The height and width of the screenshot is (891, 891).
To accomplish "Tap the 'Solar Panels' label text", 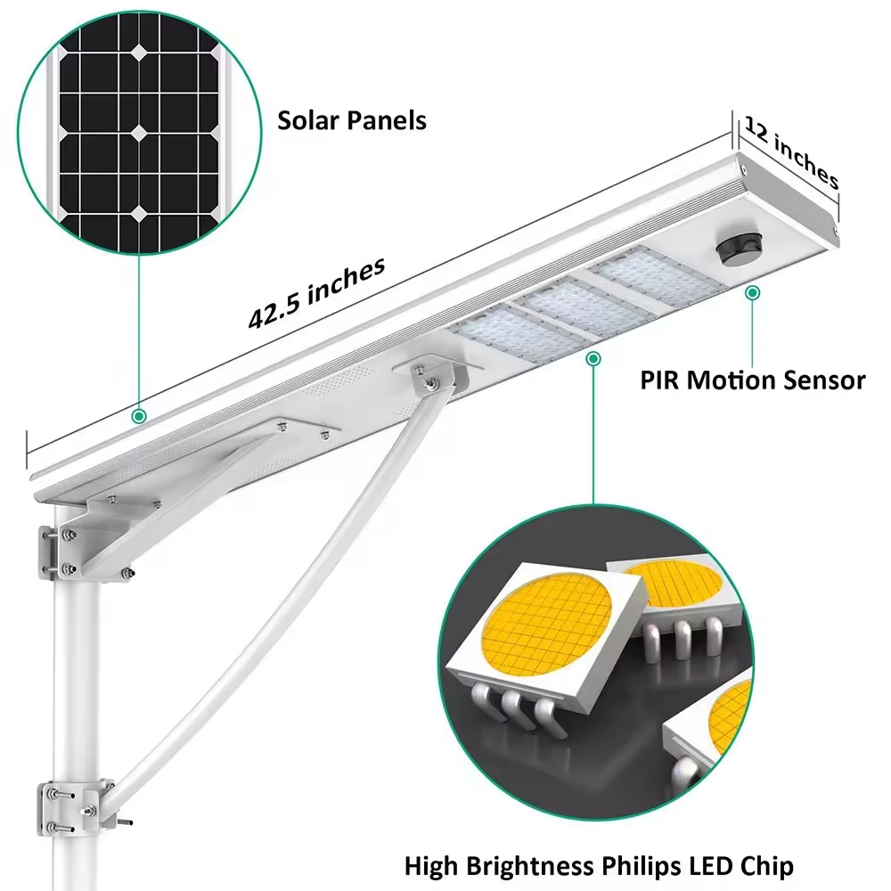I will (x=352, y=120).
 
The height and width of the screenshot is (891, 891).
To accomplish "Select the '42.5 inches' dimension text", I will (x=317, y=293).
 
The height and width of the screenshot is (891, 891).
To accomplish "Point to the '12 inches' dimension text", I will (x=792, y=151).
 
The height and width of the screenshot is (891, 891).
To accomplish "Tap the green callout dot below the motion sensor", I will (x=753, y=291).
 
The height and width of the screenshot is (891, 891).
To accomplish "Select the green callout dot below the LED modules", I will (x=591, y=358).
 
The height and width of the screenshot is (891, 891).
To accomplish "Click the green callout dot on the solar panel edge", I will (x=139, y=415).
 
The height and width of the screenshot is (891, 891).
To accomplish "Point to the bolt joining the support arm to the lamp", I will (x=431, y=383).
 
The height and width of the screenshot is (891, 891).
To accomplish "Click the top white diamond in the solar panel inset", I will (x=140, y=53).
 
